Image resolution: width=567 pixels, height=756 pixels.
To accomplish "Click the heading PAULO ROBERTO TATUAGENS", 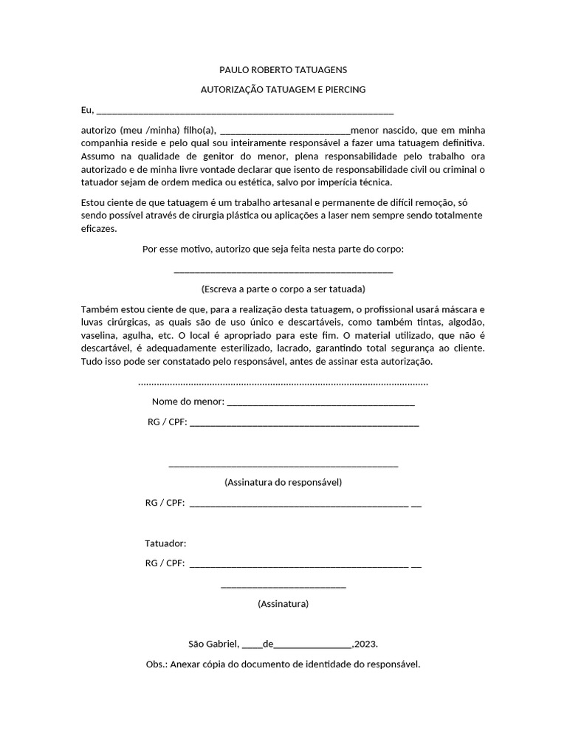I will (x=283, y=70).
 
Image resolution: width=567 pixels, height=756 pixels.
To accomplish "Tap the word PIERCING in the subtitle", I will (x=345, y=90).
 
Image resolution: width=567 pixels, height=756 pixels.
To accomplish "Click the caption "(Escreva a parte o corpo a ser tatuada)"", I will (x=283, y=289).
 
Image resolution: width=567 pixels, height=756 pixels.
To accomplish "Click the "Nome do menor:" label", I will (x=188, y=402).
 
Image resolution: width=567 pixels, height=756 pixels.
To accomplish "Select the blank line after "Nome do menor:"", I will (x=320, y=405).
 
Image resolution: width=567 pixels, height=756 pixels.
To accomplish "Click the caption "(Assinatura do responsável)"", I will (x=283, y=483).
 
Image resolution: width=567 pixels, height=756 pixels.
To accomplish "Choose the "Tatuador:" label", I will (x=165, y=544).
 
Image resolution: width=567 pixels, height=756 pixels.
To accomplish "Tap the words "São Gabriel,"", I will (x=213, y=644).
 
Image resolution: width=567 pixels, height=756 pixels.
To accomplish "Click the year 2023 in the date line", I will (x=367, y=644).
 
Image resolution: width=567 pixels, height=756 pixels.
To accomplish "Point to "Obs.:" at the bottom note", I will (x=157, y=664).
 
